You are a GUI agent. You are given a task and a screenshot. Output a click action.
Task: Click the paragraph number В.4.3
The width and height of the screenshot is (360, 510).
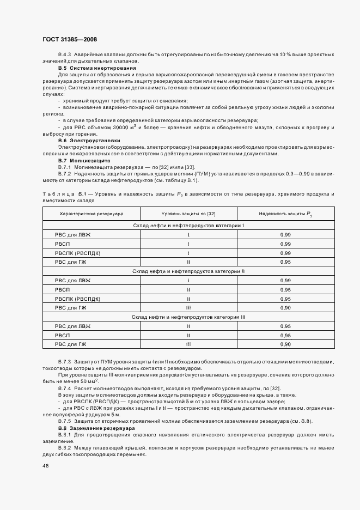click(64, 54)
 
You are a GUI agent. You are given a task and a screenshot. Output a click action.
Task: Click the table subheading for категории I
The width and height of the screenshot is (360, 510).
click(188, 225)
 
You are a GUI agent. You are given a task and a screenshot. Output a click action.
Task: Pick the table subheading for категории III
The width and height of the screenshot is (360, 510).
click(188, 317)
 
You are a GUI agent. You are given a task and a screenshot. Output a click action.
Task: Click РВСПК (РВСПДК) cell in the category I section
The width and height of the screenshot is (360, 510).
click(78, 253)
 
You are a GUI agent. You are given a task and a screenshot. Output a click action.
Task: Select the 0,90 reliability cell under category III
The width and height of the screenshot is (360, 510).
click(285, 344)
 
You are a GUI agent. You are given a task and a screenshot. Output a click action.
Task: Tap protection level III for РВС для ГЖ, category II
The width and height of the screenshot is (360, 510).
click(188, 308)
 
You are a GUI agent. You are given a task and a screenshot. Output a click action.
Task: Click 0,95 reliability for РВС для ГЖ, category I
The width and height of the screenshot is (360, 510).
click(285, 262)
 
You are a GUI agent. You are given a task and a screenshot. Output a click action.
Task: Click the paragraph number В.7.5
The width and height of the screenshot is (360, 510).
click(65, 422)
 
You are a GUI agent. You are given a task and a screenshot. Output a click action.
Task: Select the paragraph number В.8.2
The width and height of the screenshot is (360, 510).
click(65, 447)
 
